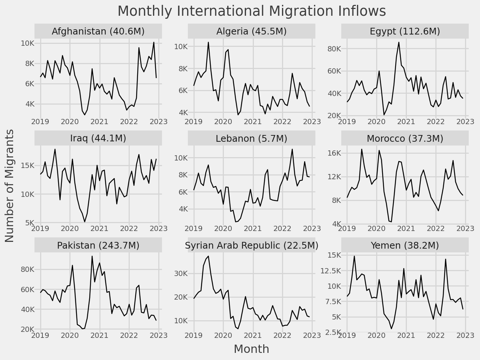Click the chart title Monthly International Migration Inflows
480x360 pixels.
pos(252,11)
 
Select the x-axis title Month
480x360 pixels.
pos(251,349)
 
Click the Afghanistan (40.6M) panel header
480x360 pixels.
pos(98,31)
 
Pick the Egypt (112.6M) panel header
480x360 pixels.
pos(405,31)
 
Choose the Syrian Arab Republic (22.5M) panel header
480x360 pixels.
pos(252,245)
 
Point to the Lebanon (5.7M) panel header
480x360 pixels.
pos(252,139)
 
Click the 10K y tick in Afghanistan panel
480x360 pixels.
pos(27,43)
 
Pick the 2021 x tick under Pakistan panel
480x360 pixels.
pos(99,334)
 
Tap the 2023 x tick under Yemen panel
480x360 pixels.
pos(465,334)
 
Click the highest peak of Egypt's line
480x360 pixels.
pos(399,42)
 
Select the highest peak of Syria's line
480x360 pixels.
pos(208,256)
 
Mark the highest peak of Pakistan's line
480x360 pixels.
pos(92,256)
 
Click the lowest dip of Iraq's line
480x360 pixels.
pos(85,222)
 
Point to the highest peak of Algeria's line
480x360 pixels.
pos(208,42)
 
